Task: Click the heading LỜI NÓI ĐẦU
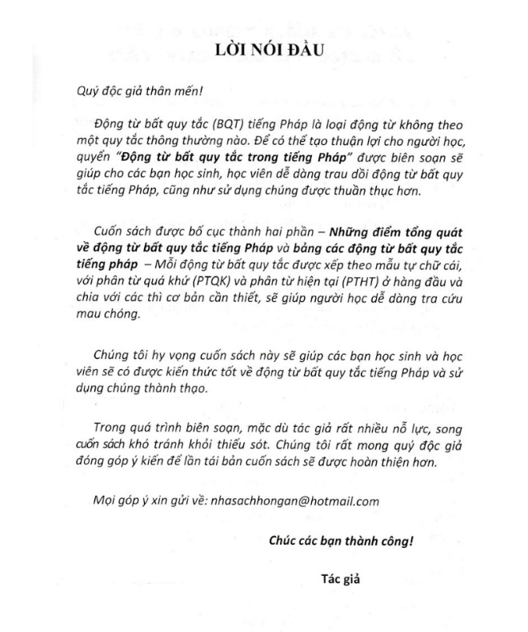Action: click(264, 50)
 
